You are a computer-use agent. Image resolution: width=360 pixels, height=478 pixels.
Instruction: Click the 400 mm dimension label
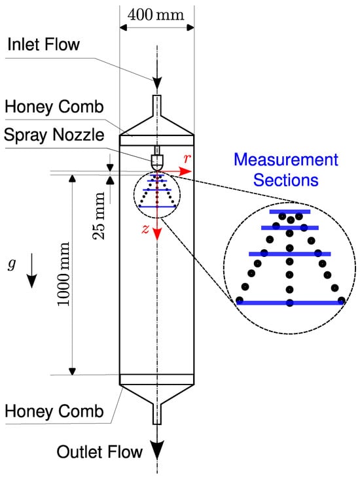pyautogui.click(x=156, y=15)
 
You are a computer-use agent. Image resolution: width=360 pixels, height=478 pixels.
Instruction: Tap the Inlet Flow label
pyautogui.click(x=43, y=44)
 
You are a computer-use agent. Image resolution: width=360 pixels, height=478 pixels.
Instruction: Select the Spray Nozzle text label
pyautogui.click(x=54, y=135)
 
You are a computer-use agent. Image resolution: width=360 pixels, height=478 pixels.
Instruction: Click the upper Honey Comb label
pyautogui.click(x=54, y=107)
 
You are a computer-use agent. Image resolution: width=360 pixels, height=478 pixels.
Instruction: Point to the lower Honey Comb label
pyautogui.click(x=54, y=411)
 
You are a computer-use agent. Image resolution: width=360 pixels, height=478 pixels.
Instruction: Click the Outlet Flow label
pyautogui.click(x=99, y=451)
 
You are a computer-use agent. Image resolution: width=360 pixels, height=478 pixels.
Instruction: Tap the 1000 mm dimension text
pyautogui.click(x=63, y=274)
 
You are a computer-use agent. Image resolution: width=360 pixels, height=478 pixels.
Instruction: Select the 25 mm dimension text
pyautogui.click(x=99, y=216)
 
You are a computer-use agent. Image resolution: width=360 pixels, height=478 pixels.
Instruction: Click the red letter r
pyautogui.click(x=187, y=158)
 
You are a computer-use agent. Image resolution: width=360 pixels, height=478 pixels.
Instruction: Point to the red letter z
pyautogui.click(x=145, y=229)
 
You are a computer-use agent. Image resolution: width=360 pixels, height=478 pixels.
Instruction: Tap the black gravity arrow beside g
pyautogui.click(x=31, y=271)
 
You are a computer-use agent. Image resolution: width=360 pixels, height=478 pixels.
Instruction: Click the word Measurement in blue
pyautogui.click(x=286, y=160)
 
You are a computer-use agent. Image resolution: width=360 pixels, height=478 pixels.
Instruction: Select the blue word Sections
pyautogui.click(x=286, y=180)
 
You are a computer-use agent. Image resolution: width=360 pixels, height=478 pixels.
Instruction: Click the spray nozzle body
pyautogui.click(x=157, y=162)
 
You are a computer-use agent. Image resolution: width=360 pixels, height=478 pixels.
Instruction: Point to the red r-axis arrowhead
pyautogui.click(x=185, y=171)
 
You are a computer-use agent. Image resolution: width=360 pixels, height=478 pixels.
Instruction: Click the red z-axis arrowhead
pyautogui.click(x=157, y=234)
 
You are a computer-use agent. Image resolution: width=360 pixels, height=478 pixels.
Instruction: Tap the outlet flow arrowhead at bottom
pyautogui.click(x=157, y=450)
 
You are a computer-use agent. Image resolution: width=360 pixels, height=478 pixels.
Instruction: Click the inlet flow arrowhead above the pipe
pyautogui.click(x=157, y=83)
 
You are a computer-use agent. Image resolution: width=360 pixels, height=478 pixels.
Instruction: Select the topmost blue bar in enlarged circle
pyautogui.click(x=290, y=212)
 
